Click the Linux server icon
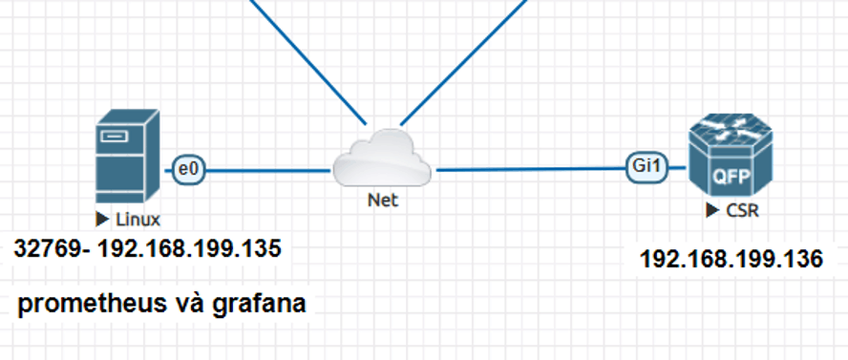(128, 157)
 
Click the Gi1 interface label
(647, 167)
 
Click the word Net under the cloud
(383, 200)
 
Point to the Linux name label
(138, 220)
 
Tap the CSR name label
(742, 210)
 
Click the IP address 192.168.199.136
(731, 260)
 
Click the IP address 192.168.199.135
(189, 248)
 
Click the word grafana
(259, 304)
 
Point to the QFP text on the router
(731, 177)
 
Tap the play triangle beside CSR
(712, 210)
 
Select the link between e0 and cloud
(268, 171)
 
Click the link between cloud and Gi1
(531, 169)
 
